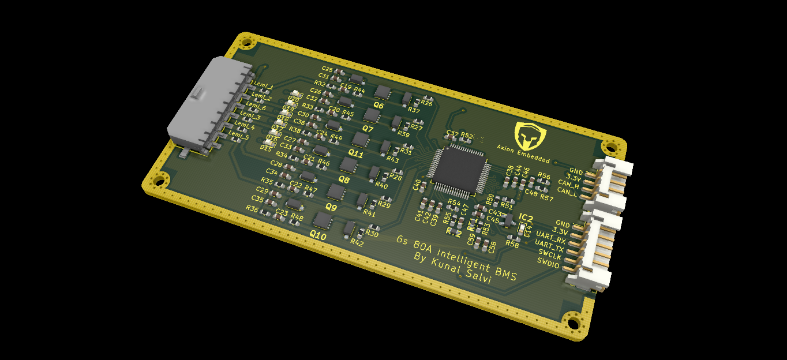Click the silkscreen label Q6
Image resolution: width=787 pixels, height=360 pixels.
tap(379, 106)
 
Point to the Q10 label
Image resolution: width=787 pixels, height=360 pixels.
tap(318, 236)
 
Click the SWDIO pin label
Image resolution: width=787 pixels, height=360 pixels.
tap(548, 261)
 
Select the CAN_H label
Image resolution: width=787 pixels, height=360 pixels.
tap(568, 183)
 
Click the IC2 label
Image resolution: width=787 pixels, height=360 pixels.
tap(526, 217)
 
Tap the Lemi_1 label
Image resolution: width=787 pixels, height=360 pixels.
tap(263, 87)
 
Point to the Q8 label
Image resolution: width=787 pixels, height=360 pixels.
tap(344, 180)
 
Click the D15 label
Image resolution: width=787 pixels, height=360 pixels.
tap(266, 148)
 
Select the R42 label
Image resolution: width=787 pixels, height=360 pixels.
tap(357, 242)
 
